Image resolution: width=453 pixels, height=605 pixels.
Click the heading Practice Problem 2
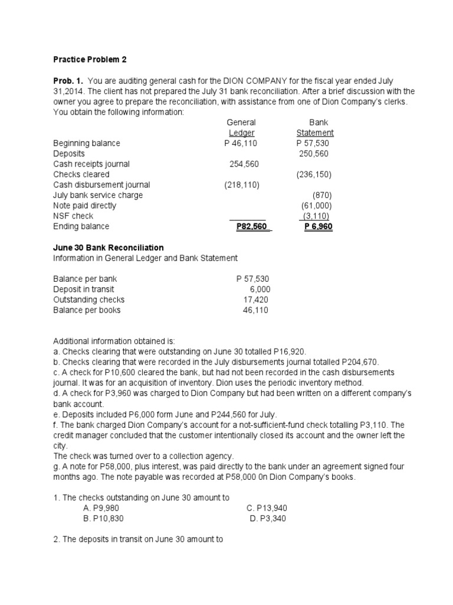(90, 60)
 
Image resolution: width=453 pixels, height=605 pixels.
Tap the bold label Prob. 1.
(68, 80)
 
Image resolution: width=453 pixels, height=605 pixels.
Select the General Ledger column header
(241, 128)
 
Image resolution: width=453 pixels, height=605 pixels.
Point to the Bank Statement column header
(314, 128)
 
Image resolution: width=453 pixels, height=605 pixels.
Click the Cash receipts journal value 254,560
(244, 164)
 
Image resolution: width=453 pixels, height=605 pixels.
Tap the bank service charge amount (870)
(322, 195)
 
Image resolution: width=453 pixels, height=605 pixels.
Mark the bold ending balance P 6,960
(319, 226)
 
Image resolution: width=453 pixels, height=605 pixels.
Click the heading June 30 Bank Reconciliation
(109, 248)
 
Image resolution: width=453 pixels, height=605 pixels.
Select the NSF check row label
(73, 216)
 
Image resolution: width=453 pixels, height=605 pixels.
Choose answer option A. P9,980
(106, 508)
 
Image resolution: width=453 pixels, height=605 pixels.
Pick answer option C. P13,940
(267, 508)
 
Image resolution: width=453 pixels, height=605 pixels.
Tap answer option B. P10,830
(104, 519)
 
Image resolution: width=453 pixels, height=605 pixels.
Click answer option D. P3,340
(269, 519)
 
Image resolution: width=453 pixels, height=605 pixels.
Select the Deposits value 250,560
(313, 154)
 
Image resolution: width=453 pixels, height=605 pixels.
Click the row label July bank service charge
(98, 195)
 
